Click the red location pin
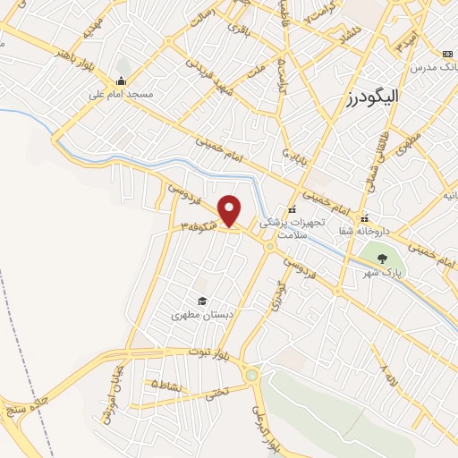coord(230,211)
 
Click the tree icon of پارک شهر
coord(383,259)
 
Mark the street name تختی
coord(216,391)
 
